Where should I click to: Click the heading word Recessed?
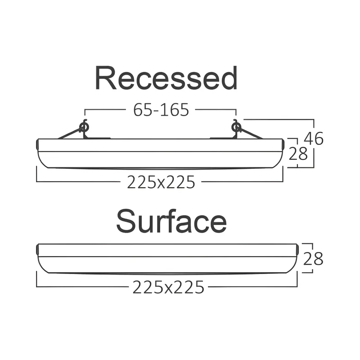(x=166, y=78)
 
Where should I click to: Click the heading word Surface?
(x=171, y=221)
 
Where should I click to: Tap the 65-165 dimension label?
(x=161, y=110)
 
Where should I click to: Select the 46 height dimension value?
(x=314, y=139)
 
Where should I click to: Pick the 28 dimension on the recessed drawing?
(x=298, y=153)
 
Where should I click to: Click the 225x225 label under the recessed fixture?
(x=161, y=182)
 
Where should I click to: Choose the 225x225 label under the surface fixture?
(x=168, y=287)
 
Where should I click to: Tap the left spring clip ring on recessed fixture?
(x=84, y=127)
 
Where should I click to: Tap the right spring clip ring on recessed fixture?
(x=236, y=127)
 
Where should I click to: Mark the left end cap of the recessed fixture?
(x=37, y=144)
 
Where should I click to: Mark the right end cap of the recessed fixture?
(x=283, y=144)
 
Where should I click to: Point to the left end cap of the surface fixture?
(x=37, y=249)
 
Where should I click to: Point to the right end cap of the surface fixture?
(x=297, y=249)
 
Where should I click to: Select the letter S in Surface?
(x=127, y=221)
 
